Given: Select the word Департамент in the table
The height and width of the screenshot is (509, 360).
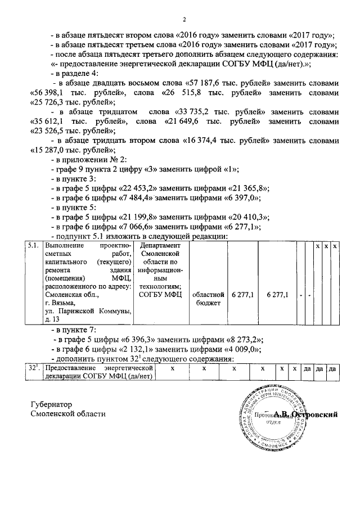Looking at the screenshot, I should pyautogui.click(x=161, y=246).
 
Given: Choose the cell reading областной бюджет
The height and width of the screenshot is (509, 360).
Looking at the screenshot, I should pyautogui.click(x=208, y=298).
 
